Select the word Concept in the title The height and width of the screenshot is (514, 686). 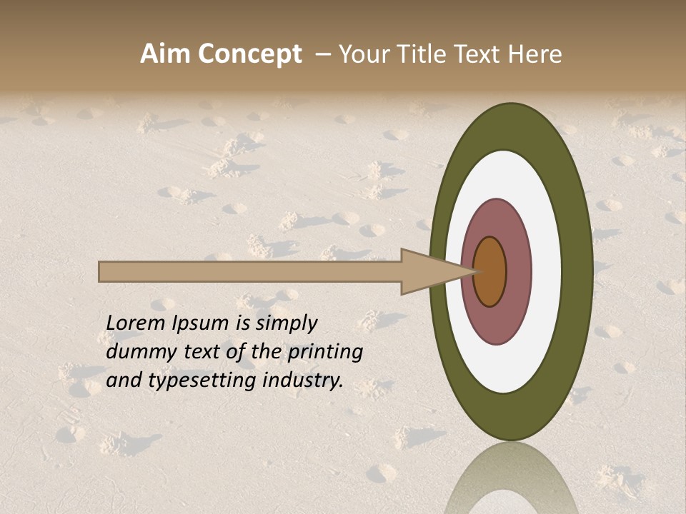(249, 54)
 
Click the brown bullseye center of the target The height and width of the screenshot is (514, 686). (490, 271)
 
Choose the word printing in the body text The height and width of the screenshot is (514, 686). (325, 353)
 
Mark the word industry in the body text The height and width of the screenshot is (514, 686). (303, 381)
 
